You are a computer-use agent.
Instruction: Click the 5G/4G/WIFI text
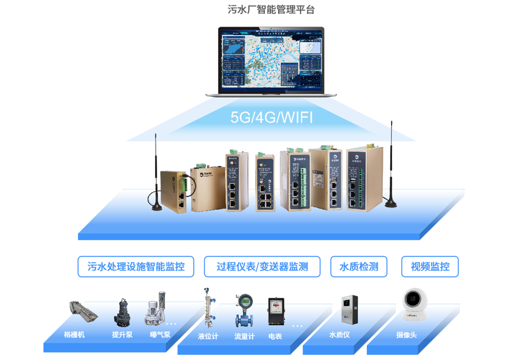click(271, 118)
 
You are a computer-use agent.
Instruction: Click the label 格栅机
click(74, 335)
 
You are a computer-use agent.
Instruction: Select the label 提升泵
click(122, 335)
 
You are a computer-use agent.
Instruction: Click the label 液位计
click(208, 336)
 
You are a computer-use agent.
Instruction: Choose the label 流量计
click(244, 336)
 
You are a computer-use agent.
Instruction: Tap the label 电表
click(275, 336)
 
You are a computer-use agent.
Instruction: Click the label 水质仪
click(339, 335)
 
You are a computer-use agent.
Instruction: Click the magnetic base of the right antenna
click(390, 203)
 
